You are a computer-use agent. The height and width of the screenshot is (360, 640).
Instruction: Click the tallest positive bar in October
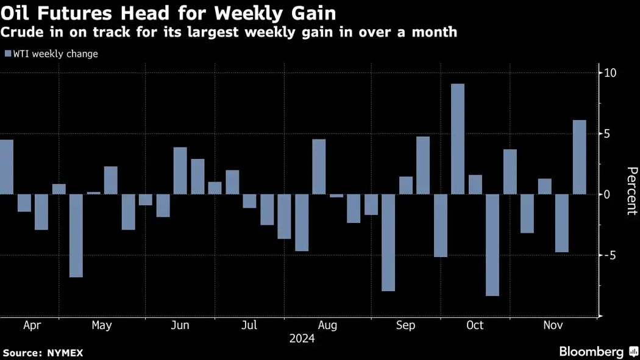[x=458, y=139]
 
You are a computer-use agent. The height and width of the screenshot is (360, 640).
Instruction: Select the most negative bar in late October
[x=492, y=245]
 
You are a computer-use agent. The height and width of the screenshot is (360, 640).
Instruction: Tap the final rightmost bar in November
[x=580, y=157]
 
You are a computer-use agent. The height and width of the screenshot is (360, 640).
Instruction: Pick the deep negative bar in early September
[x=388, y=242]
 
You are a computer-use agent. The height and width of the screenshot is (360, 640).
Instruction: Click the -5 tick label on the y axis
[x=610, y=255]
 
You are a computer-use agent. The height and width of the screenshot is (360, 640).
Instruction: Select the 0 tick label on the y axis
[x=606, y=194]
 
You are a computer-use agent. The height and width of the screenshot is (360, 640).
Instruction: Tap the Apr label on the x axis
[x=32, y=325]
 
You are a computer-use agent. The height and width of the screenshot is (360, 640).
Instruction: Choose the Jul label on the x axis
[x=249, y=325]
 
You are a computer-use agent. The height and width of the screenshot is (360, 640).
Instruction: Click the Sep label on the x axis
[x=405, y=325]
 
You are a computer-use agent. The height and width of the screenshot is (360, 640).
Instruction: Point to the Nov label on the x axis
[x=553, y=325]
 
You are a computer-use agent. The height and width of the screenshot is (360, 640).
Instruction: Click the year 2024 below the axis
[x=302, y=339]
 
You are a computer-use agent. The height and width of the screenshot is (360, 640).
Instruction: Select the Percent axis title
[x=631, y=190]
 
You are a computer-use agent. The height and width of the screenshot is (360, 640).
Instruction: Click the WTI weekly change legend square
[x=8, y=54]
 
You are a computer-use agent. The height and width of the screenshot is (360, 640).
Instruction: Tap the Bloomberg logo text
[x=591, y=351]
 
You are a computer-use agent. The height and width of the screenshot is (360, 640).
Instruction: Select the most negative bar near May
[x=76, y=236]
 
